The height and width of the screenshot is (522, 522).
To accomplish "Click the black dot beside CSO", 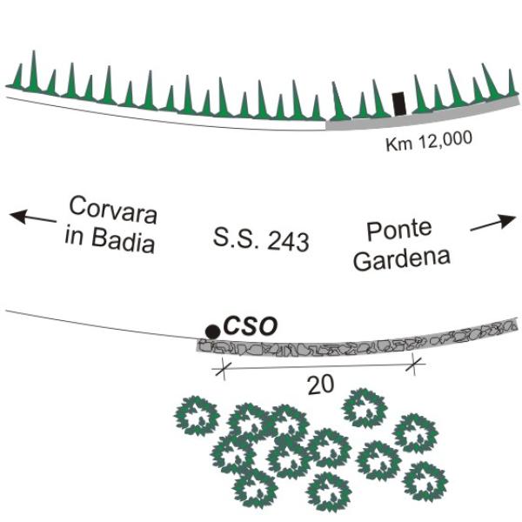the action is (x=212, y=331).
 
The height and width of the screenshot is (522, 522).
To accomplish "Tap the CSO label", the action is (x=250, y=326).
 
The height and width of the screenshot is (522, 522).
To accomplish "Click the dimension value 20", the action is (x=320, y=385).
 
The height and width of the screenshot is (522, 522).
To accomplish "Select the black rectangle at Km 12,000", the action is (x=398, y=104).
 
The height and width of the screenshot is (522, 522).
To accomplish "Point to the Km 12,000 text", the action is (x=429, y=141).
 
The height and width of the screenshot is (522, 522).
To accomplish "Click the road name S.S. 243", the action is (x=261, y=239).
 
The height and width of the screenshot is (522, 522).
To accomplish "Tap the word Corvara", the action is (x=113, y=211).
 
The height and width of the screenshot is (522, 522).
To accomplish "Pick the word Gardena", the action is (x=402, y=259).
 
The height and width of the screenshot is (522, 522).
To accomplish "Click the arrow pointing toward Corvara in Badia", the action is (x=33, y=217).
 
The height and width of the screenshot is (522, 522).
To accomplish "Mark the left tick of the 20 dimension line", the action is (x=223, y=369).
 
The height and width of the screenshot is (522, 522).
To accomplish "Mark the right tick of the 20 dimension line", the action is (x=414, y=365).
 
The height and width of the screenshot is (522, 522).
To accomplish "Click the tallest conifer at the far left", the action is (x=34, y=71).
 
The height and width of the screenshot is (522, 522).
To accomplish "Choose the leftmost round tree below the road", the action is (x=197, y=416).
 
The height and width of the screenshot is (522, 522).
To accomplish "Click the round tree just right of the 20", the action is (x=365, y=408).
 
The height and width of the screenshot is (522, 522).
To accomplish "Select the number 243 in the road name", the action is (x=288, y=241).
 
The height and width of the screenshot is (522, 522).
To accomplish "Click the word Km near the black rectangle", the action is (x=399, y=144).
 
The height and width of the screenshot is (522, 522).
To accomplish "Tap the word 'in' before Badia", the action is (x=74, y=235).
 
